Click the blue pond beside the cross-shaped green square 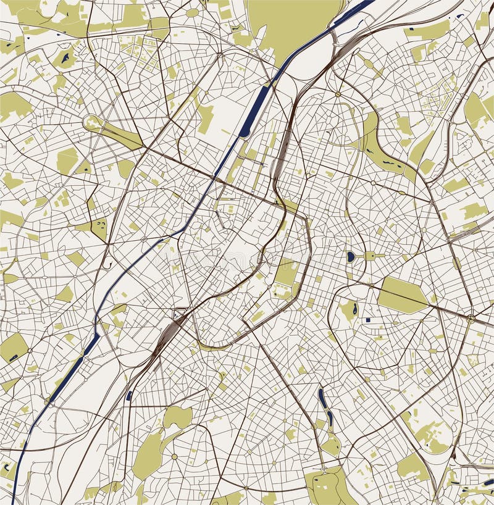point(351,256)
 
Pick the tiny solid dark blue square point(367,320)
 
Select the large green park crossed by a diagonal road point(402,294)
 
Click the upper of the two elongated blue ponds point(322,398)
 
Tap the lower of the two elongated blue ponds point(330,420)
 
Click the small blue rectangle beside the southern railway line point(129,396)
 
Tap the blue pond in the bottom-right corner point(488,482)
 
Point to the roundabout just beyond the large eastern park point(471,319)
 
